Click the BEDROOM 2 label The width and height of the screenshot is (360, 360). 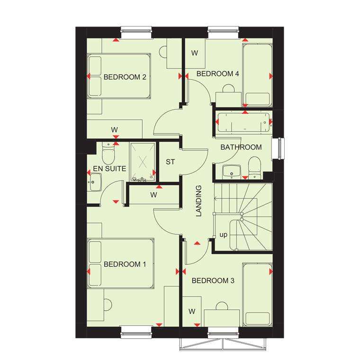tap(125, 77)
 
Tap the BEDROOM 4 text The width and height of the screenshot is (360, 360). tap(218, 74)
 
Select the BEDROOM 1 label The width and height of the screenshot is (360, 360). tap(125, 264)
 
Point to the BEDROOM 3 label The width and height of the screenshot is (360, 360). tap(213, 281)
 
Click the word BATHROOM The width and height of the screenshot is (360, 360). tap(241, 147)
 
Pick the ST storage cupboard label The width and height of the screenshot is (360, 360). tap(170, 162)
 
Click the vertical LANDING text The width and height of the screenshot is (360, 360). tap(199, 201)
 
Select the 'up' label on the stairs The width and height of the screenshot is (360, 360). tap(223, 234)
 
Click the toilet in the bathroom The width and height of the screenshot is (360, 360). tap(255, 169)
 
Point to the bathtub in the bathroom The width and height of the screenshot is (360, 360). tap(242, 122)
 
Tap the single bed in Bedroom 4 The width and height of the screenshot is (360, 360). tap(256, 74)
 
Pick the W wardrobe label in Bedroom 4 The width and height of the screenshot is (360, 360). tap(194, 53)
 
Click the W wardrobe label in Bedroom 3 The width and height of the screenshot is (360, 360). tap(192, 311)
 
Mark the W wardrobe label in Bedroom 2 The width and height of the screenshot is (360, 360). tap(114, 129)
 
